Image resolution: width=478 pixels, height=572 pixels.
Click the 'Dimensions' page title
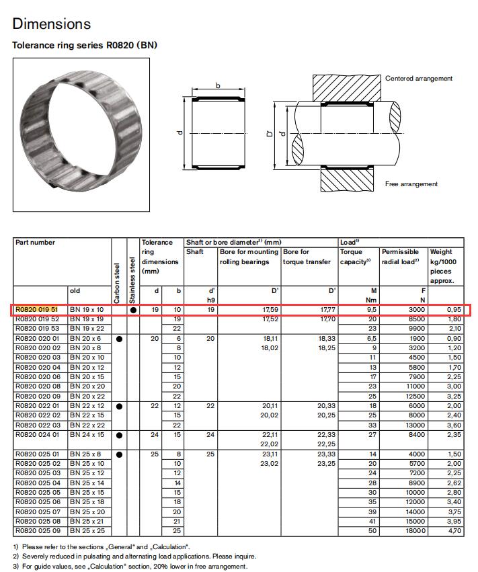[51, 24]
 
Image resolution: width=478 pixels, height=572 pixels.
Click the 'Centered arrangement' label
[419, 79]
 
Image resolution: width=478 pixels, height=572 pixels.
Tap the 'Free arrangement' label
[411, 183]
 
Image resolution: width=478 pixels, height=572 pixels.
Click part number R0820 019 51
[38, 310]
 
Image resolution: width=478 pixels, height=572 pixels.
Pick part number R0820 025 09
[38, 530]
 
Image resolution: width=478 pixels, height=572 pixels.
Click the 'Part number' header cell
[35, 242]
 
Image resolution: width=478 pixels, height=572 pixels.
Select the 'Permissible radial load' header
[401, 257]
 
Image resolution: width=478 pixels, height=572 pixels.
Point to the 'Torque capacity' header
[356, 257]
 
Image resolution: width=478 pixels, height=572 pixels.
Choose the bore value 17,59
[268, 310]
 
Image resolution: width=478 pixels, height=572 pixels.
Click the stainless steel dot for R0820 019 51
[132, 311]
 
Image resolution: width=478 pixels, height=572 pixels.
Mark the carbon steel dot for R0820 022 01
[118, 406]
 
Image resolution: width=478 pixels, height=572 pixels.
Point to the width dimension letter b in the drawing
[218, 85]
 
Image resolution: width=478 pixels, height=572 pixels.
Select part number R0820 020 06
[38, 377]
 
